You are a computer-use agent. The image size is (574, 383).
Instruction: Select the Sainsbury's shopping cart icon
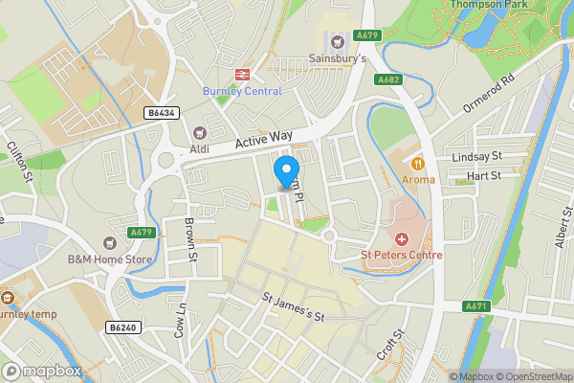tap(336, 41)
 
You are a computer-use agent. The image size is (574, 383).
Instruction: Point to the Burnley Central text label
tap(242, 91)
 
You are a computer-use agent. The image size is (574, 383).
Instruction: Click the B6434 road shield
tap(162, 113)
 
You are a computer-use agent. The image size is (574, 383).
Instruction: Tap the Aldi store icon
tap(200, 134)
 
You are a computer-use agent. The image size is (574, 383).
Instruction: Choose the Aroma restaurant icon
tap(417, 163)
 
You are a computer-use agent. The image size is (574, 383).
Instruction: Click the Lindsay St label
tap(475, 156)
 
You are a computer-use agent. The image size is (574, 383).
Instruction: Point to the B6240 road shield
tap(120, 327)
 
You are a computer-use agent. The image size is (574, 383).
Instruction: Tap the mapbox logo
tap(41, 371)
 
